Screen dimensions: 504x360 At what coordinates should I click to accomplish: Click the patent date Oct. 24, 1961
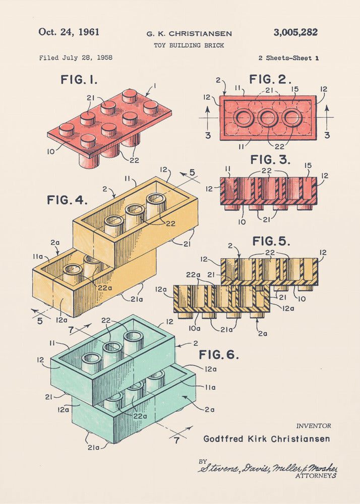[69, 32]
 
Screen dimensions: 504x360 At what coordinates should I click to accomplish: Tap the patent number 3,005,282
[295, 32]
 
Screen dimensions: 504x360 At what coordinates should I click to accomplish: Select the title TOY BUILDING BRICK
[189, 45]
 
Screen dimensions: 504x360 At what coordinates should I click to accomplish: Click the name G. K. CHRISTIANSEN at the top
[189, 34]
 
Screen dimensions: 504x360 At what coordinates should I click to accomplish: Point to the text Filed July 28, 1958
[76, 58]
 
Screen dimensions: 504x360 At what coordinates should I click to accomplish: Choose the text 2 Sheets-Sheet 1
[288, 58]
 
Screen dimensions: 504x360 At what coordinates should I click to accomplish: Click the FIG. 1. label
[79, 80]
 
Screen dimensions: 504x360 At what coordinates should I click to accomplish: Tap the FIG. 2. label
[270, 79]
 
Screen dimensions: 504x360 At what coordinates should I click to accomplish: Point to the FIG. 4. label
[67, 200]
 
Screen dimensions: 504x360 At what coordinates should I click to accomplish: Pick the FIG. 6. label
[218, 354]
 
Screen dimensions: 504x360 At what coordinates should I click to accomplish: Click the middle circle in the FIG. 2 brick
[268, 118]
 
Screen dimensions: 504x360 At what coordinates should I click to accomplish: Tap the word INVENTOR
[313, 426]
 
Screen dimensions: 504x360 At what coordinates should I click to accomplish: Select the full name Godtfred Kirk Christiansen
[266, 438]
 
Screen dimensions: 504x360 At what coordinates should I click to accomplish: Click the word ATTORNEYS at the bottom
[316, 475]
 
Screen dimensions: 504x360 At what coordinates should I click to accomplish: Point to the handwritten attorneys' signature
[267, 468]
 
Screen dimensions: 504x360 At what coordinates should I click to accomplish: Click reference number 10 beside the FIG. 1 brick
[51, 150]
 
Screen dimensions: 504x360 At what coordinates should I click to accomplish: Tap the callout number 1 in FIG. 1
[155, 85]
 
